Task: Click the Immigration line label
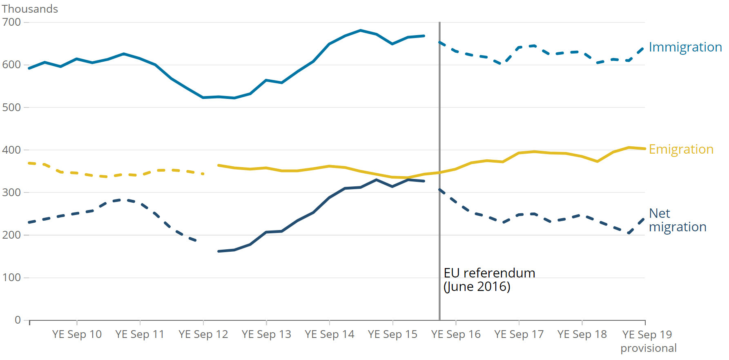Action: coord(685,47)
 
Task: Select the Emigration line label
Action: coord(681,150)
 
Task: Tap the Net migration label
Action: coord(677,220)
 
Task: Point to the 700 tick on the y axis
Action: coord(11,22)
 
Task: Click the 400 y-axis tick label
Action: coord(11,150)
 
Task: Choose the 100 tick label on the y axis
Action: coord(11,278)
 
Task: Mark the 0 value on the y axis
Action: coord(18,320)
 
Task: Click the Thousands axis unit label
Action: coord(30,9)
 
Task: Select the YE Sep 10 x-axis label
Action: coord(77,334)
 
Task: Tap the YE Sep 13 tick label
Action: coord(266,334)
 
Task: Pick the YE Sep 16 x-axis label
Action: coord(456,334)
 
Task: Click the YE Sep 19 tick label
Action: coord(647,334)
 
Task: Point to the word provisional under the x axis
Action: coord(649,348)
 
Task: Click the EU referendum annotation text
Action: coord(489,273)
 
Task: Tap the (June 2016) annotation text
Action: coord(477,286)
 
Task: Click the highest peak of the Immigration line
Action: coord(361,30)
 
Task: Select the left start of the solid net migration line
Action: coord(219,251)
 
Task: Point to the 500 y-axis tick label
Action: coord(11,107)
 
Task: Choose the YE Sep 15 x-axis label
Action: coord(392,334)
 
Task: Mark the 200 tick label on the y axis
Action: coord(11,235)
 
